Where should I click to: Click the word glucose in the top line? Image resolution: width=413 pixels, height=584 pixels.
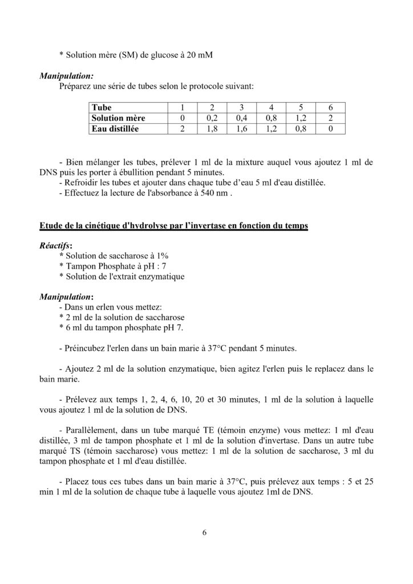163,55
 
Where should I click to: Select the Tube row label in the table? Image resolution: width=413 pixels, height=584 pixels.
102,107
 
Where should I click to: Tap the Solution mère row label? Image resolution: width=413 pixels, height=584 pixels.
118,117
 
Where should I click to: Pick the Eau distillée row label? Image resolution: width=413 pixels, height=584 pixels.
116,129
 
